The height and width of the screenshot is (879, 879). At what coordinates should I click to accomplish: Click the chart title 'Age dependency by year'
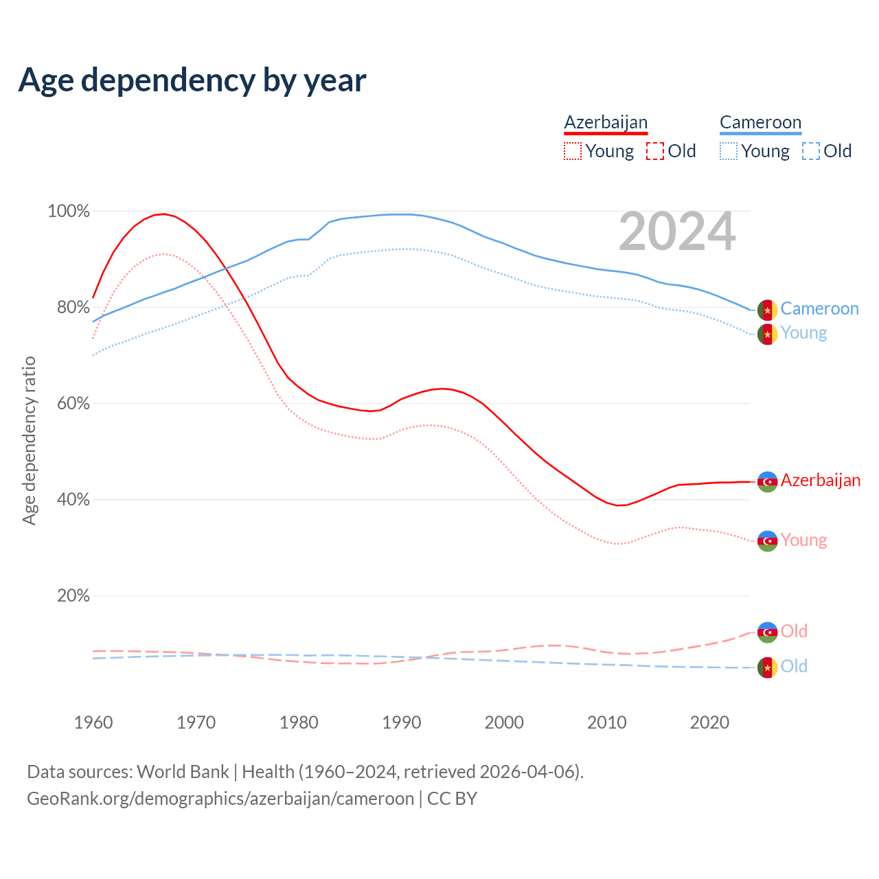[192, 80]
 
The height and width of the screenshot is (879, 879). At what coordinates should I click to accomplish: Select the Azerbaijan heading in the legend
[606, 122]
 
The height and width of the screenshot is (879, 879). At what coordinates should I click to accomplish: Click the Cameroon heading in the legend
[760, 122]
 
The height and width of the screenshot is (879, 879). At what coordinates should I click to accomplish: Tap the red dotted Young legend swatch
[572, 151]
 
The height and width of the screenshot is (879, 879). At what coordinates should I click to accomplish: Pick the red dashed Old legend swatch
[655, 151]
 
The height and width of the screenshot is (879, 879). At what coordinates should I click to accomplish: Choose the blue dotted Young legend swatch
[729, 151]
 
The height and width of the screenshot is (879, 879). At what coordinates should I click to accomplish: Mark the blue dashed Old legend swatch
[811, 151]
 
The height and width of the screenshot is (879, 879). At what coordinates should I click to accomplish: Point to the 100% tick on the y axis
[69, 212]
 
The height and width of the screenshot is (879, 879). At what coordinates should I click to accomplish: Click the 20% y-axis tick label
[73, 596]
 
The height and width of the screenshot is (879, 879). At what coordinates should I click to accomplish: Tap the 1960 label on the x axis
[93, 722]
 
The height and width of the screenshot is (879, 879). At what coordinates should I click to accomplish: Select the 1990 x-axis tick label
[402, 722]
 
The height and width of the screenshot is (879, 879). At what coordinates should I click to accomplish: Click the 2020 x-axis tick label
[709, 722]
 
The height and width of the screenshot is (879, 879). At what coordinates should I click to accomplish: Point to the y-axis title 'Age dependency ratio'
[29, 440]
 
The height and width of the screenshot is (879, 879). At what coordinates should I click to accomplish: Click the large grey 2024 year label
[677, 232]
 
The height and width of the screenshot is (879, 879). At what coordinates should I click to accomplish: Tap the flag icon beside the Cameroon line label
[767, 310]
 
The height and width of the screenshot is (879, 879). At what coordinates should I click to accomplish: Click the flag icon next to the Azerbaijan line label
[767, 481]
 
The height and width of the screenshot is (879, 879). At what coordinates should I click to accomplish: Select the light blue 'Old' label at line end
[794, 666]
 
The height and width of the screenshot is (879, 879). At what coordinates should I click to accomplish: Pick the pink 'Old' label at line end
[794, 631]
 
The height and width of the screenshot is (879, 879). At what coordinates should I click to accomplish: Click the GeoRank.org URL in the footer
[220, 799]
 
